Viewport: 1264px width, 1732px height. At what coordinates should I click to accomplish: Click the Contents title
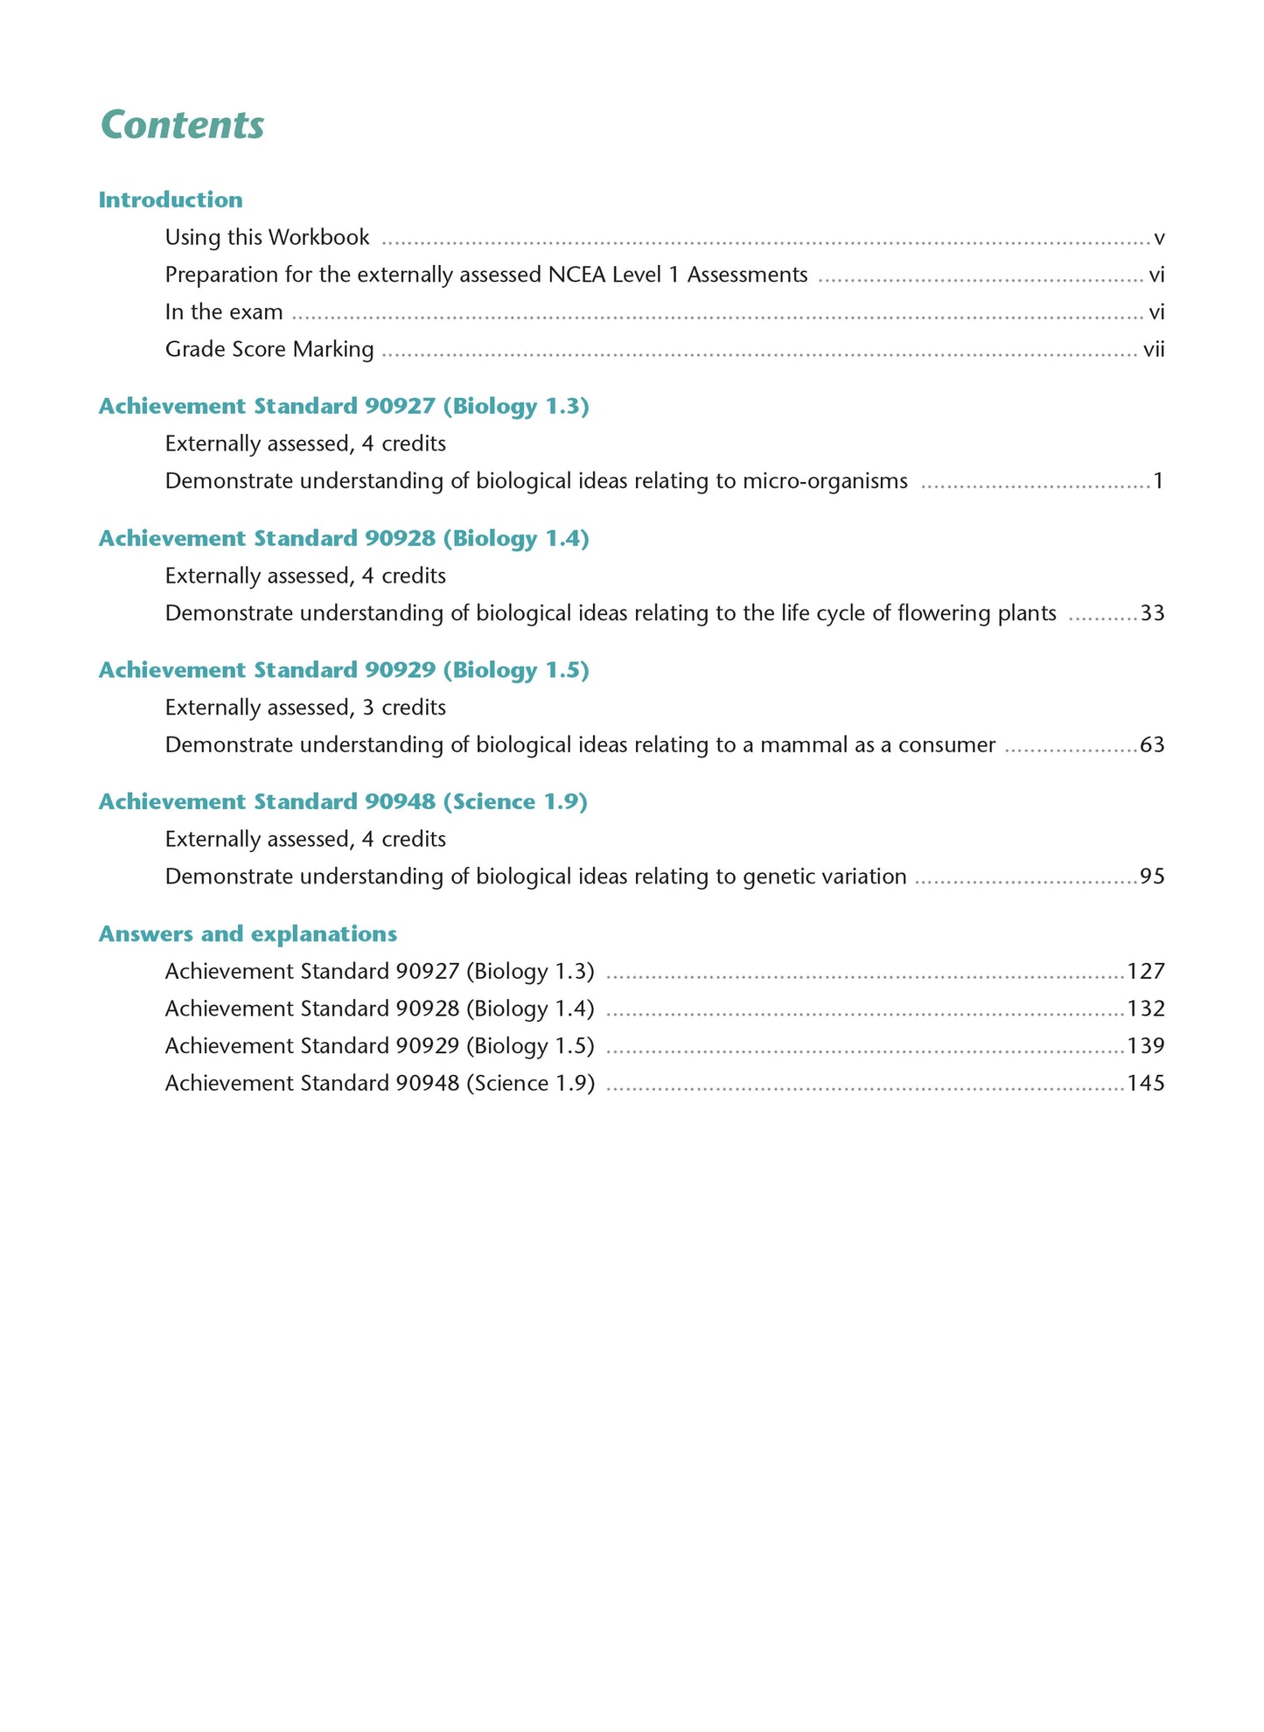[182, 125]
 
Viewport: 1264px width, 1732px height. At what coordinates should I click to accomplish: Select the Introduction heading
[171, 199]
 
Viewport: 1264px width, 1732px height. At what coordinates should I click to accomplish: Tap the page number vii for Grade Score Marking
[1153, 350]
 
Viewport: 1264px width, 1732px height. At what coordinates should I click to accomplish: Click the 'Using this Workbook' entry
[267, 237]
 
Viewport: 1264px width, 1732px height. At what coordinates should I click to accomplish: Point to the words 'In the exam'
[224, 312]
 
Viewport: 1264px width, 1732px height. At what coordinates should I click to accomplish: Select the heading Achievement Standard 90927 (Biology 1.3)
[344, 406]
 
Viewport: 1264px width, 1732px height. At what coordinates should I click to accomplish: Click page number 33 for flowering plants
[1152, 613]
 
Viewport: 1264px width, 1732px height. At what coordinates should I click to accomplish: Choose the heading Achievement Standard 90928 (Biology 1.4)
[344, 538]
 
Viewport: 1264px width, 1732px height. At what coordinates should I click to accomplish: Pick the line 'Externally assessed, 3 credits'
[305, 707]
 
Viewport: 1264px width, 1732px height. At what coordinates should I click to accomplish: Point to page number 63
[1152, 745]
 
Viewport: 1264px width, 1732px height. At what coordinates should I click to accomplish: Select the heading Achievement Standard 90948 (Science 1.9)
[343, 801]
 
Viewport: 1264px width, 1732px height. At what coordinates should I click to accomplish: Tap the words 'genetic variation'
[824, 876]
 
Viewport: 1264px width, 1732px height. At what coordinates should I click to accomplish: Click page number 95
[1152, 876]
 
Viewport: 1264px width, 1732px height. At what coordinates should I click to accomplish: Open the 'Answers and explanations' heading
[248, 934]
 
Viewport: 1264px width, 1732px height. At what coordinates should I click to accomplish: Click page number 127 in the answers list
[1146, 971]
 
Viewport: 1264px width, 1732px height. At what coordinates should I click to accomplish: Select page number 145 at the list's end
[1146, 1084]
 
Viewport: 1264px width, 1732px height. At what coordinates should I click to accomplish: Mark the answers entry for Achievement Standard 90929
[380, 1046]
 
